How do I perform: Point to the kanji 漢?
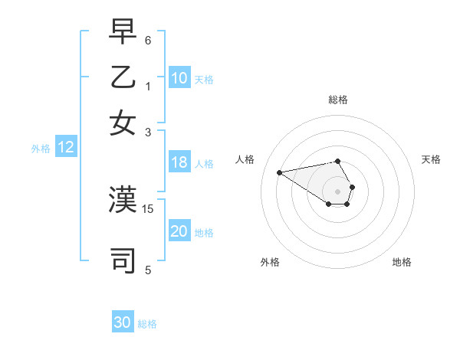click(x=123, y=200)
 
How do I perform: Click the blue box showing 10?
click(x=179, y=78)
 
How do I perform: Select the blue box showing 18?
click(x=179, y=162)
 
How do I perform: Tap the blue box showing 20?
click(x=179, y=232)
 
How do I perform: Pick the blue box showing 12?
click(x=66, y=148)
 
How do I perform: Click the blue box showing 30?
click(x=123, y=322)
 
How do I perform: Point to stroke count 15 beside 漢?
click(x=149, y=208)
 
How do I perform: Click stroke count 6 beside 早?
click(x=149, y=39)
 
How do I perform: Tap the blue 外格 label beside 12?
click(x=41, y=149)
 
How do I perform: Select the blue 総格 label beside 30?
click(x=147, y=324)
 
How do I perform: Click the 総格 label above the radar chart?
click(x=338, y=100)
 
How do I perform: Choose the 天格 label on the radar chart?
click(x=431, y=159)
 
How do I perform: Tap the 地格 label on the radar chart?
click(x=402, y=262)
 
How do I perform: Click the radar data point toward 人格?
click(x=279, y=172)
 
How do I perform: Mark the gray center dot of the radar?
click(x=338, y=191)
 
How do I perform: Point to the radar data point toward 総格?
click(x=338, y=161)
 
